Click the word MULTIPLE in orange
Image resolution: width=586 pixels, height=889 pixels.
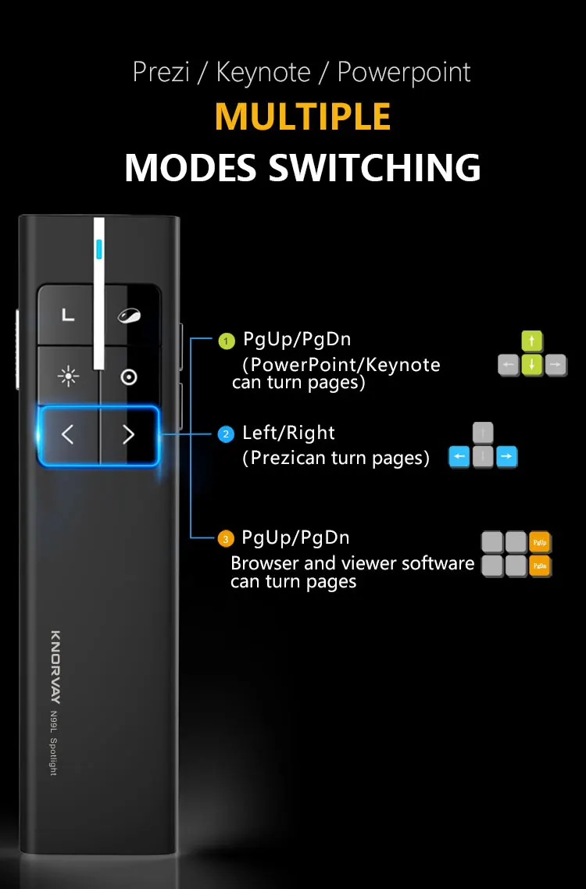pyautogui.click(x=302, y=116)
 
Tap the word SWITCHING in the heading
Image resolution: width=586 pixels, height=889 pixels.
pyautogui.click(x=374, y=167)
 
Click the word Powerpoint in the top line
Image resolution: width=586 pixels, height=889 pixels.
pyautogui.click(x=404, y=72)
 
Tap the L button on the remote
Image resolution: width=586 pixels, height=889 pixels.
pyautogui.click(x=68, y=316)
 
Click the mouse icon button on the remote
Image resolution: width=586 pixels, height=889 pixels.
pyautogui.click(x=129, y=316)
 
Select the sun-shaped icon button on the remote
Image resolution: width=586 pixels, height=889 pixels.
pyautogui.click(x=68, y=377)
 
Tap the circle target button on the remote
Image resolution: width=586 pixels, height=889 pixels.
pyautogui.click(x=129, y=377)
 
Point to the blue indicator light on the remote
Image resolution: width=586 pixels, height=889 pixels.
pyautogui.click(x=98, y=248)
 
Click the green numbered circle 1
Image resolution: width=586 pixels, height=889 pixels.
pyautogui.click(x=226, y=341)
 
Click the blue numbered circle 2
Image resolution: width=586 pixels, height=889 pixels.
pyautogui.click(x=226, y=434)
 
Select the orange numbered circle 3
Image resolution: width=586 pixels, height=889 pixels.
pyautogui.click(x=226, y=539)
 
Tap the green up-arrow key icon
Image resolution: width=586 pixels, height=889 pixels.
pyautogui.click(x=532, y=341)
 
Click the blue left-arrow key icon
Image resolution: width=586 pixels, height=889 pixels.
pyautogui.click(x=459, y=457)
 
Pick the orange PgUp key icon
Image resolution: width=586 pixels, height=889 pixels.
pyautogui.click(x=540, y=541)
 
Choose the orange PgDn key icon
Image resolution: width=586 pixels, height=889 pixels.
pyautogui.click(x=540, y=566)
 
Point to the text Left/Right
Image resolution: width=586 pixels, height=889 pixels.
pyautogui.click(x=288, y=433)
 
